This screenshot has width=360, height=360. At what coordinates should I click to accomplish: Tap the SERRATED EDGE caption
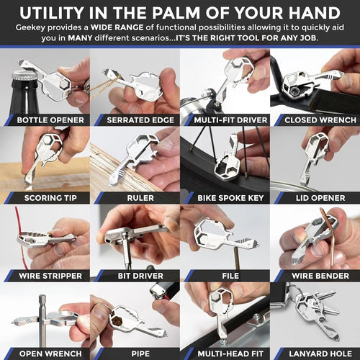tap(136, 120)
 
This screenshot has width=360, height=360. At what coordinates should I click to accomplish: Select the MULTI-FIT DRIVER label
tap(225, 120)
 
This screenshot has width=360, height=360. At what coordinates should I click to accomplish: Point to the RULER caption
tap(135, 197)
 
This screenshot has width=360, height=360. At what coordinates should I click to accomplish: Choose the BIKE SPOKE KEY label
tap(225, 197)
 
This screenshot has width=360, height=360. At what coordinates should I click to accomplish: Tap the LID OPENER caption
tap(315, 197)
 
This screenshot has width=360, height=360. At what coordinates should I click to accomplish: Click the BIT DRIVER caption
tap(135, 275)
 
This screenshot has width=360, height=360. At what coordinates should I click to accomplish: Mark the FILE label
tap(225, 275)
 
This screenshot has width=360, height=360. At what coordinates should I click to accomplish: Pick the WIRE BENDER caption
tap(315, 275)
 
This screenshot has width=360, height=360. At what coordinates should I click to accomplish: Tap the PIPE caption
tap(135, 353)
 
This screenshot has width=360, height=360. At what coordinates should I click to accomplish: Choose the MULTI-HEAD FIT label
tap(225, 353)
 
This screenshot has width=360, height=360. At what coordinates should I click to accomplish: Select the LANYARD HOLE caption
tap(315, 353)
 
